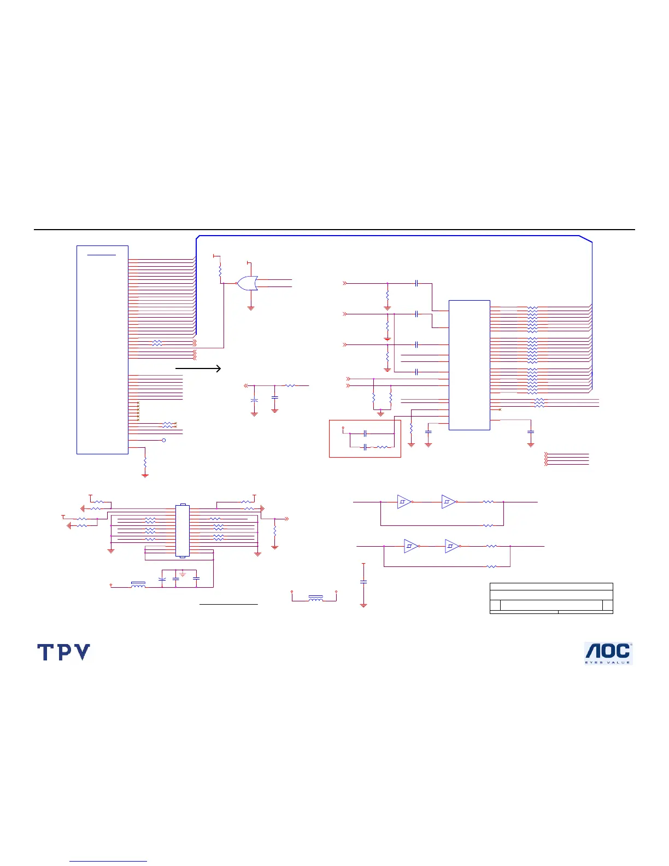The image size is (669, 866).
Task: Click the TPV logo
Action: [64, 652]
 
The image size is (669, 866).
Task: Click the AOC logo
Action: [608, 653]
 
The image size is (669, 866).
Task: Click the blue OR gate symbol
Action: [247, 283]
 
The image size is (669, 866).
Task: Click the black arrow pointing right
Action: [198, 368]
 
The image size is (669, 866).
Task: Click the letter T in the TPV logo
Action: [45, 652]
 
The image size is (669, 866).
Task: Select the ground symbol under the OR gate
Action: [251, 308]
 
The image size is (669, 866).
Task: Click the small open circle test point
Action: [164, 440]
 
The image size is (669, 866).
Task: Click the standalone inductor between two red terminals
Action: [315, 598]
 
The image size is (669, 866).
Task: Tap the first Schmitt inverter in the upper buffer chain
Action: [404, 502]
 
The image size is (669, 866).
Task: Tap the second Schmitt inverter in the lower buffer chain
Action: [453, 546]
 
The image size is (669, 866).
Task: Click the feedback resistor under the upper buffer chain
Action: [488, 525]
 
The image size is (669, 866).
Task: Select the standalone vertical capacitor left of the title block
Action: [363, 582]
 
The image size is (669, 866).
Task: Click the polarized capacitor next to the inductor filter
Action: [162, 580]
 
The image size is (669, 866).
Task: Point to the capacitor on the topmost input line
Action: [416, 283]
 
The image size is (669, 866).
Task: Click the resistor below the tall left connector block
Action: [145, 463]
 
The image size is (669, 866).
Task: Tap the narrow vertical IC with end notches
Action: [183, 530]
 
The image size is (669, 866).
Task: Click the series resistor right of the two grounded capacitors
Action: [290, 386]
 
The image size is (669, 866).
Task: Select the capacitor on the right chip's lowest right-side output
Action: [531, 432]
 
